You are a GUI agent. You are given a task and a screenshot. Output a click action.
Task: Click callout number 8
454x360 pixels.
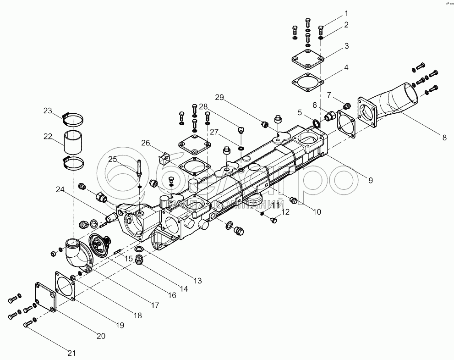pyautogui.click(x=443, y=137)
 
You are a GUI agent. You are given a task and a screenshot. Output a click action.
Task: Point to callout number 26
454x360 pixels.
pyautogui.click(x=145, y=143)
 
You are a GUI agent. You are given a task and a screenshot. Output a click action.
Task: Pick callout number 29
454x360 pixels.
pyautogui.click(x=219, y=97)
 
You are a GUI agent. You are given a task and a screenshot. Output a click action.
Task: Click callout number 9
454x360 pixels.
pyautogui.click(x=370, y=180)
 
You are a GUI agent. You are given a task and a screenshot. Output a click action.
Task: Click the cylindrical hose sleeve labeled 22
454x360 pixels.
pyautogui.click(x=73, y=143)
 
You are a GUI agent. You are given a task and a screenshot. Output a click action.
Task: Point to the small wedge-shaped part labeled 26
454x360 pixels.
pyautogui.click(x=163, y=158)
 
